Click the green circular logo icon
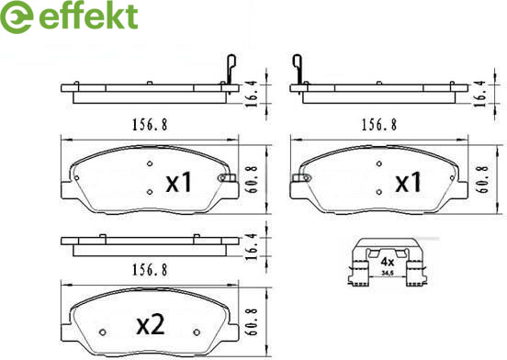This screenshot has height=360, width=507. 17,17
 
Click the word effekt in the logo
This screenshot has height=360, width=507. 88,17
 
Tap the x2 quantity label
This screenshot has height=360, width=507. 151,325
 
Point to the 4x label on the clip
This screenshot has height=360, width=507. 387,261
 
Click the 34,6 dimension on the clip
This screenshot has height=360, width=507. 387,273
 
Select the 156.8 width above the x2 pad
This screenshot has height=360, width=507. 150,270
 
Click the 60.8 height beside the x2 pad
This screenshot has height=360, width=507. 253,321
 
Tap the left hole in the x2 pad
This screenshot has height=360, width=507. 103,332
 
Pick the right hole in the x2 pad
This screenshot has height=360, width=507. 197,332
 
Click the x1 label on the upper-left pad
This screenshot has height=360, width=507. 179,182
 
